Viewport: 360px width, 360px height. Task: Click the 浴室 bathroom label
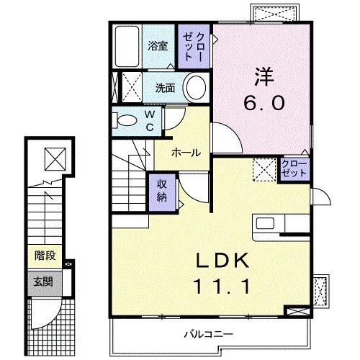coord(158,46)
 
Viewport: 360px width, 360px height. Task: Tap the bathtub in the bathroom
coord(128,48)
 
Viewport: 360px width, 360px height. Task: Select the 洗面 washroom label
coord(166,89)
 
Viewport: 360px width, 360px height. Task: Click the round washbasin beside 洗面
coord(195,89)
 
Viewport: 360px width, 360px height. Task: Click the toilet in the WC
coord(125,120)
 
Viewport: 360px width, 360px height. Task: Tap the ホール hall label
coord(186,152)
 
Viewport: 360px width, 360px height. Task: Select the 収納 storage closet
coord(163,191)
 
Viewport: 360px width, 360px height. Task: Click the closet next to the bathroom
coord(195,45)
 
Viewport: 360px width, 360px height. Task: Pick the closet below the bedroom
coord(294,171)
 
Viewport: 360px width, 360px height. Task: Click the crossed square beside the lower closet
coord(263,171)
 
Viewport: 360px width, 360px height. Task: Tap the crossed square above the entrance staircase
coord(53,156)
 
